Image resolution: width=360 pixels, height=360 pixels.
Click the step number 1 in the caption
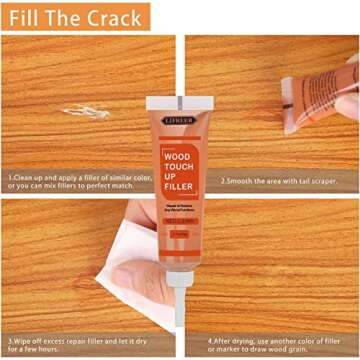(x=9, y=180)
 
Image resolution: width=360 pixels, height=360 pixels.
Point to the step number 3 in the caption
(x=10, y=339)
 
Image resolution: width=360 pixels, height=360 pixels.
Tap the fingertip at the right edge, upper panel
(x=349, y=104)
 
